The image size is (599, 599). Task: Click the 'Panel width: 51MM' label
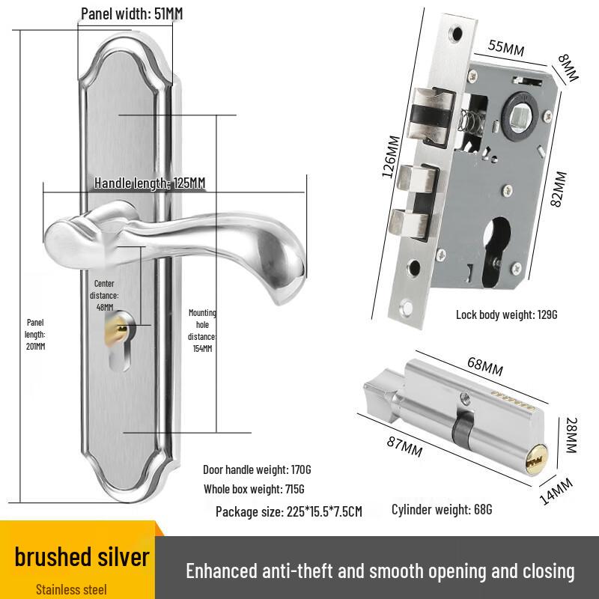click(133, 13)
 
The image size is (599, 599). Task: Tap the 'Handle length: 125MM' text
click(150, 183)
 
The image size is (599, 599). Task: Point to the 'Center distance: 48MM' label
click(104, 295)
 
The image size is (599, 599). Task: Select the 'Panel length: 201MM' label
click(35, 334)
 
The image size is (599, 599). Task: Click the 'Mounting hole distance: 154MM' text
click(202, 330)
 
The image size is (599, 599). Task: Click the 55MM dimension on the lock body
click(506, 47)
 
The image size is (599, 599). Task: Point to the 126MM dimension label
click(391, 156)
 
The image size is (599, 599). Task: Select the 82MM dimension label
click(559, 189)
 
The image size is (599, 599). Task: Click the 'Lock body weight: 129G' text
click(507, 314)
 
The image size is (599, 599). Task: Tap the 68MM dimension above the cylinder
click(485, 366)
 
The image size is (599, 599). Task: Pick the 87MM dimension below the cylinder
click(404, 446)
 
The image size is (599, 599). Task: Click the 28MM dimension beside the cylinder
click(571, 435)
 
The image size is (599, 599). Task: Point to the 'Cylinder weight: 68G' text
click(442, 509)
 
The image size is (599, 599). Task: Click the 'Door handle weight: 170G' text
click(257, 469)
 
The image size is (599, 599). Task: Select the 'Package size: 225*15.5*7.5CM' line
click(289, 511)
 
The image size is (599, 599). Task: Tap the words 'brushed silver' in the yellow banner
click(82, 557)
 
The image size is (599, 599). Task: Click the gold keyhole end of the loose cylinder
click(535, 460)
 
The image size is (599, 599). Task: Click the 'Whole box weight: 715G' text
click(254, 489)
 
